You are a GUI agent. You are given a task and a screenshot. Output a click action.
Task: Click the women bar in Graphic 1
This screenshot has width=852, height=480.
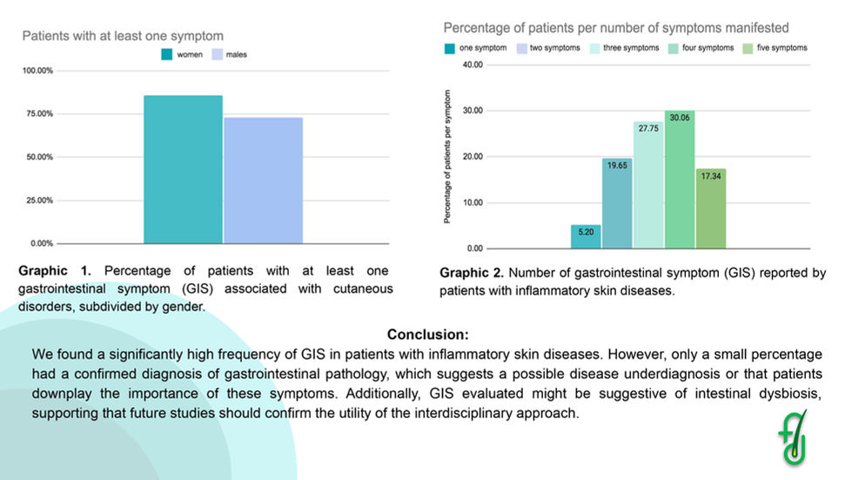(x=183, y=170)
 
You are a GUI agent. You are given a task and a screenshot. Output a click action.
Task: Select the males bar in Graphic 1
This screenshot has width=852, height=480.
(x=263, y=180)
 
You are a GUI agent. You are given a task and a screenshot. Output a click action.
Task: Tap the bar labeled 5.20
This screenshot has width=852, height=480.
(x=586, y=236)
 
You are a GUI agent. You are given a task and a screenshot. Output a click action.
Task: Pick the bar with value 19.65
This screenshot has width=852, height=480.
(x=617, y=203)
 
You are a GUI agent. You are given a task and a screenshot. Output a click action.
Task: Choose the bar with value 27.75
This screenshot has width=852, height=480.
(x=648, y=185)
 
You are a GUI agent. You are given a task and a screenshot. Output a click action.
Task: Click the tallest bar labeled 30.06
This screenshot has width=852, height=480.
(x=680, y=179)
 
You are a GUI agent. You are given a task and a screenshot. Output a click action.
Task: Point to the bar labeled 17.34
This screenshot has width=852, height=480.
(x=710, y=208)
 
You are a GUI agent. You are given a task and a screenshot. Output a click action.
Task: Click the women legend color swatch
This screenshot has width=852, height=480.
(x=166, y=54)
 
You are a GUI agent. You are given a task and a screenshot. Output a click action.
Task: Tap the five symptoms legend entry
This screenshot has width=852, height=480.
(x=775, y=48)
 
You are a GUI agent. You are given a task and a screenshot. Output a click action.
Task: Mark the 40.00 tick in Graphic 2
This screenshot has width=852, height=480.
(x=473, y=64)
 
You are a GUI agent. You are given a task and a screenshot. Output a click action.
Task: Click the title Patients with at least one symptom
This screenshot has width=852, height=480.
(x=122, y=36)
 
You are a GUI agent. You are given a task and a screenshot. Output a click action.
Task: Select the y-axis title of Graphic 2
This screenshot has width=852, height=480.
(x=447, y=167)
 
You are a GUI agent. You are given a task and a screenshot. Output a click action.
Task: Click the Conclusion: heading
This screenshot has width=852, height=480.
(x=427, y=335)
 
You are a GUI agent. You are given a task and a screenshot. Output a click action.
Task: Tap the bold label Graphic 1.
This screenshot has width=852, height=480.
(x=55, y=271)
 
